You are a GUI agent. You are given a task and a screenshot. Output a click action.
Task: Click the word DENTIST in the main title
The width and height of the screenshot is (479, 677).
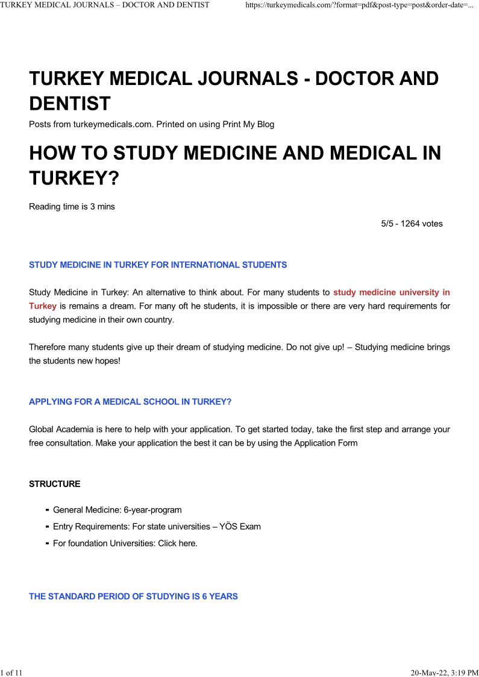tap(70, 104)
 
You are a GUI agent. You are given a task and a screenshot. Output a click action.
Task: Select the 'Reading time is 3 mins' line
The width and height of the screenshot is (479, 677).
tap(72, 207)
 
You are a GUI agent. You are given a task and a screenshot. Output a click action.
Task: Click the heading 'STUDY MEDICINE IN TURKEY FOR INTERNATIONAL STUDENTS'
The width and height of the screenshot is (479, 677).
tap(158, 265)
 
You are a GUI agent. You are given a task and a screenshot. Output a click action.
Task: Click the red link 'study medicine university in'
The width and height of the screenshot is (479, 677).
tap(392, 293)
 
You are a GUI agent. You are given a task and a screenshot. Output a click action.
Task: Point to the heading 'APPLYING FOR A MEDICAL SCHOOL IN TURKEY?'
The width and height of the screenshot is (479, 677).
tap(130, 401)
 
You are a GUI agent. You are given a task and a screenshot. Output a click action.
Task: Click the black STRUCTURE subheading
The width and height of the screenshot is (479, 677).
tap(54, 484)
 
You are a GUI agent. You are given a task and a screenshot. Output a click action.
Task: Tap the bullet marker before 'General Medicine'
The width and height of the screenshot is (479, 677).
tap(47, 510)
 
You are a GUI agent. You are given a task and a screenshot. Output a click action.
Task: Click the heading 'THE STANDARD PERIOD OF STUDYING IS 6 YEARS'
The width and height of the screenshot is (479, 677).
tap(133, 596)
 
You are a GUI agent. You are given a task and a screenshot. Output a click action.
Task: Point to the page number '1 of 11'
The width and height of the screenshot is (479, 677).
tap(11, 672)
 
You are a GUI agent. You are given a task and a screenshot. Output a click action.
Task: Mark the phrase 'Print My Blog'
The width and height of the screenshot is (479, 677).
tap(248, 124)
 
